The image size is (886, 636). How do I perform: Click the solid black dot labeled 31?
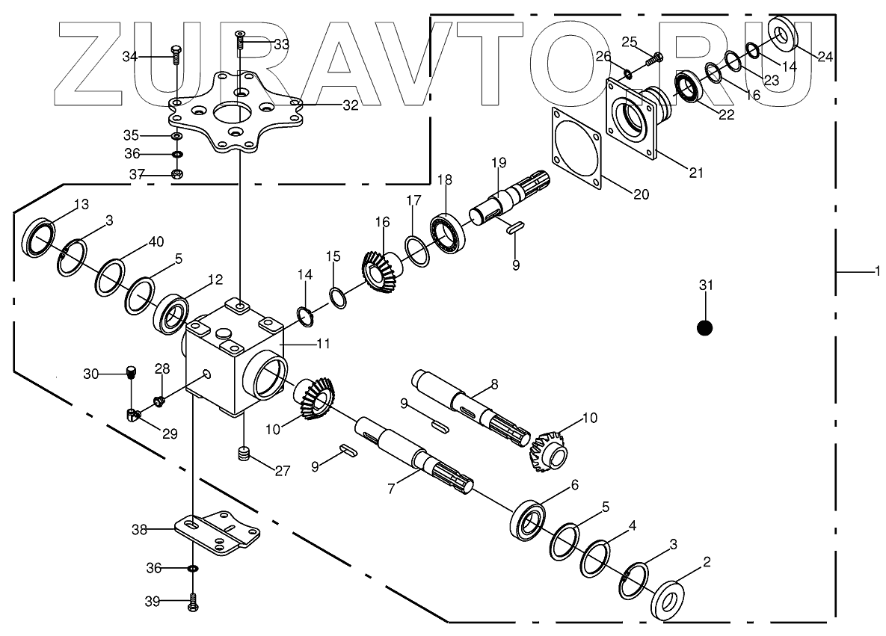[704, 327]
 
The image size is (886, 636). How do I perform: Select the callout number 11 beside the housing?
[322, 345]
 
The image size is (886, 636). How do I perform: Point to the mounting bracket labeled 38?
[217, 532]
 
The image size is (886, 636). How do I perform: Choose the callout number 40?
[156, 241]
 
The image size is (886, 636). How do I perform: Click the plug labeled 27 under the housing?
[242, 453]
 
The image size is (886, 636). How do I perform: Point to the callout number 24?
[825, 57]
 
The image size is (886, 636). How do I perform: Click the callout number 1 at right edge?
[877, 271]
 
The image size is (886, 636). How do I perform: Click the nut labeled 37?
[177, 174]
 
